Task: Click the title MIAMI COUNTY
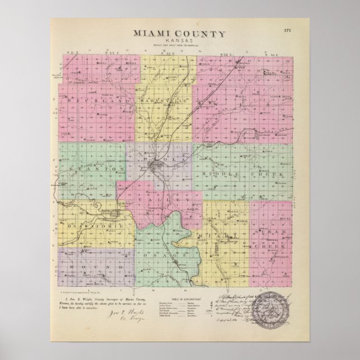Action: click(x=179, y=34)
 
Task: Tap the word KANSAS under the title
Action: click(x=179, y=40)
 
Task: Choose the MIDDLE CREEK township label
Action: click(x=243, y=175)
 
